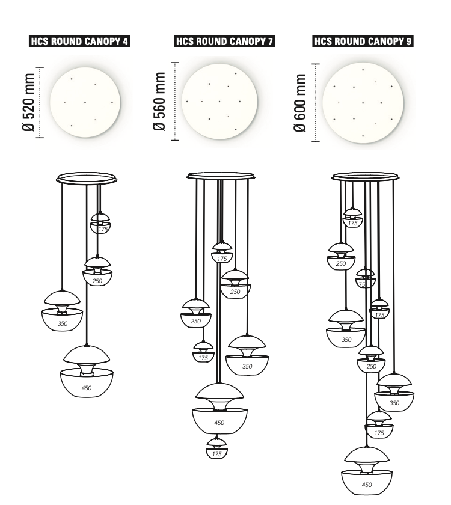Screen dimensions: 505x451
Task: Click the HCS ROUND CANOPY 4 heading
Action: click(x=80, y=41)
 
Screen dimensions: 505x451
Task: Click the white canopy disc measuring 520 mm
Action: click(x=85, y=102)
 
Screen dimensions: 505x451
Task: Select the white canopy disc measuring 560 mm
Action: click(x=219, y=100)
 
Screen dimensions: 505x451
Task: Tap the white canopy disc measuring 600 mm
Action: click(x=363, y=102)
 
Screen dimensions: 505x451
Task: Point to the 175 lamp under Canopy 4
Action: click(x=100, y=223)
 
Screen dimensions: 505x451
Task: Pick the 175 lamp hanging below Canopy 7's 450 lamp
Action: click(x=217, y=448)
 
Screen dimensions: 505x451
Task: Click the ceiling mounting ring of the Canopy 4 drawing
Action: click(x=86, y=178)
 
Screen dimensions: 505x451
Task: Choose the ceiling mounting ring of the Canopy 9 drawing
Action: click(x=366, y=177)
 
